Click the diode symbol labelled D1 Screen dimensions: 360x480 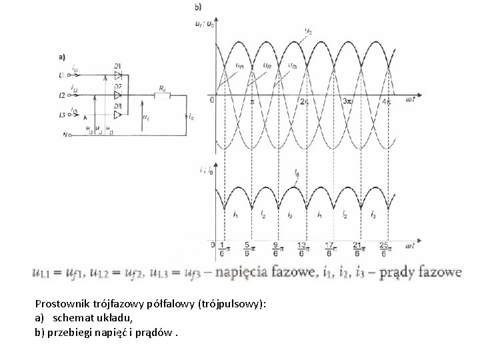tap(117, 75)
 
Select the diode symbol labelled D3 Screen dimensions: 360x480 tap(117, 115)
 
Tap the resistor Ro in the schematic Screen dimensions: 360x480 tap(161, 95)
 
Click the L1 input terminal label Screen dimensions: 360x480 tap(62, 75)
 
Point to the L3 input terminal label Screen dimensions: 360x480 tap(62, 115)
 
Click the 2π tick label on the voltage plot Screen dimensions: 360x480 tap(303, 101)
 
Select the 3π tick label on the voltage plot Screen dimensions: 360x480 tap(347, 101)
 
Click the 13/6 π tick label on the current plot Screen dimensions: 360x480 tap(301, 248)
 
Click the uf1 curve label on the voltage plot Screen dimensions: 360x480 tap(239, 65)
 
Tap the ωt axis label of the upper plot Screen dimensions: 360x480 tap(409, 101)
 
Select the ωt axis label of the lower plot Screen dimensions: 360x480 tap(409, 246)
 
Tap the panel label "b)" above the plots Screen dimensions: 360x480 tap(198, 7)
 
